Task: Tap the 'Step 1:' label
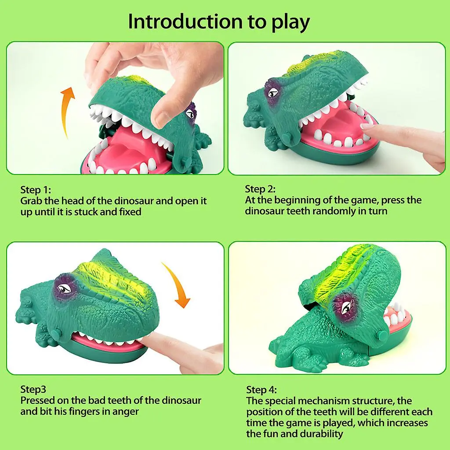(36, 190)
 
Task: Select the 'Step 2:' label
(260, 189)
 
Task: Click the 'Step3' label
(33, 389)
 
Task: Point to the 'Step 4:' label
(261, 389)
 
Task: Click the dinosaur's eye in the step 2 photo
(273, 92)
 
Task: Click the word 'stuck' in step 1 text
(105, 212)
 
